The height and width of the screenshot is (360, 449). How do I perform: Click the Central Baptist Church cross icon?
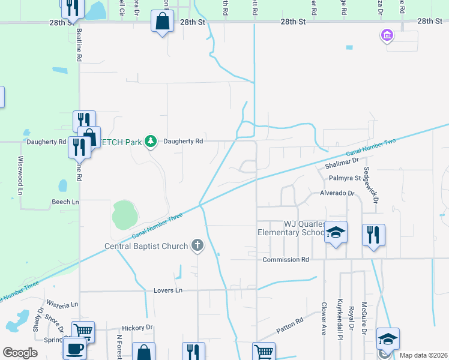(x=197, y=245)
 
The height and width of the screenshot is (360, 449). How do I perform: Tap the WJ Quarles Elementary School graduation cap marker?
(x=336, y=233)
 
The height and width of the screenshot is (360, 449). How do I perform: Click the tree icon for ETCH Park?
(x=151, y=142)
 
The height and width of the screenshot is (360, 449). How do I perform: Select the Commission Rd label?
(x=286, y=260)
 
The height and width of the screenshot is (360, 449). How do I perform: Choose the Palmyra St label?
(x=344, y=178)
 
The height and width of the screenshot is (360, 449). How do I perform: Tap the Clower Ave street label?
(x=324, y=317)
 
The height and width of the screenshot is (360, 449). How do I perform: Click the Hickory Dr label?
(x=137, y=328)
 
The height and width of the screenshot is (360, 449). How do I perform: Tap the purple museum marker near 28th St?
(x=387, y=36)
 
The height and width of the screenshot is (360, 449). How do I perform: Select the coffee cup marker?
(x=75, y=349)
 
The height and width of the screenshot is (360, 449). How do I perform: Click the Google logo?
(x=20, y=353)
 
